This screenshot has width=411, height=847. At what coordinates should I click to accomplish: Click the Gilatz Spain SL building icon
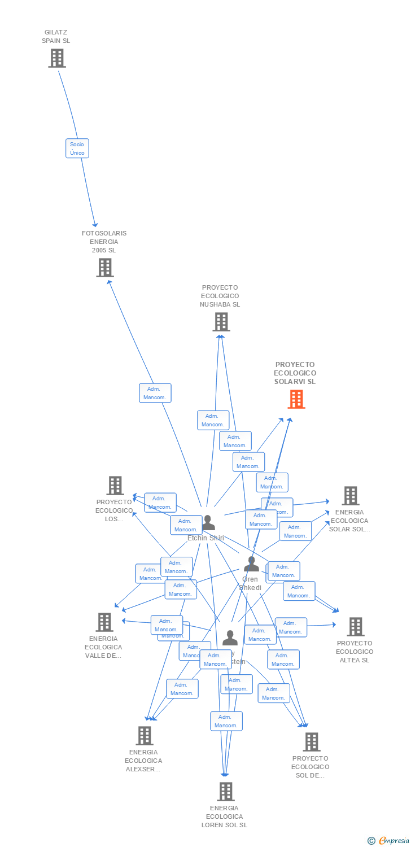point(56,58)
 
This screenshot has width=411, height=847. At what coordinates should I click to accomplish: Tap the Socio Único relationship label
point(77,149)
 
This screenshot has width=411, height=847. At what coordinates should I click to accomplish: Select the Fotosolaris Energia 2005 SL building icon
point(104,268)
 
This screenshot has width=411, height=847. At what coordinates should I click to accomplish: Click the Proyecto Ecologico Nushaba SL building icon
point(221,322)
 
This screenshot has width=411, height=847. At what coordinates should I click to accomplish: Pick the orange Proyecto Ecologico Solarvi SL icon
point(296,399)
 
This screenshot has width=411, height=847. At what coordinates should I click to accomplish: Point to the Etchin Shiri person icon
point(208,523)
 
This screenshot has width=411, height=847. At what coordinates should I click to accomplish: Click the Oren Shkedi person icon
point(251,564)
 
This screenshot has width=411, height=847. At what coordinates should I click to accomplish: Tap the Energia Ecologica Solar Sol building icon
point(350,496)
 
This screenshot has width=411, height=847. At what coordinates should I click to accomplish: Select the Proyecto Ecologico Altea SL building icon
point(355,627)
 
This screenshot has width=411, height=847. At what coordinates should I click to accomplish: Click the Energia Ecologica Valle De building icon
point(104,622)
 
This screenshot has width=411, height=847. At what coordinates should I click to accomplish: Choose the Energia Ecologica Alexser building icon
point(145,736)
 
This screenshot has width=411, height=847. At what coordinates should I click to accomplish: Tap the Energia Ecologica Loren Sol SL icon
point(225,792)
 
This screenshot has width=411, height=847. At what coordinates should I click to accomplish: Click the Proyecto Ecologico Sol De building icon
point(311,742)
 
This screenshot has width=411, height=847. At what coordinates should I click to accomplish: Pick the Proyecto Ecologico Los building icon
point(115,486)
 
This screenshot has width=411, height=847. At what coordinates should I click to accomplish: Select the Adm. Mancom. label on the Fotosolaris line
point(155,393)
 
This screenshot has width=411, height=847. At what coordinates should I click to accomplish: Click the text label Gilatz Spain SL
point(56,37)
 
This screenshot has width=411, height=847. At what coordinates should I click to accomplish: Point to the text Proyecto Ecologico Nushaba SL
point(220,296)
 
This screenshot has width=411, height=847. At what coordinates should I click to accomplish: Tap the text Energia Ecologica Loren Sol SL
point(224,817)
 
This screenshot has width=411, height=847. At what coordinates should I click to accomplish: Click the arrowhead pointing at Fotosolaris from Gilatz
point(96,224)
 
